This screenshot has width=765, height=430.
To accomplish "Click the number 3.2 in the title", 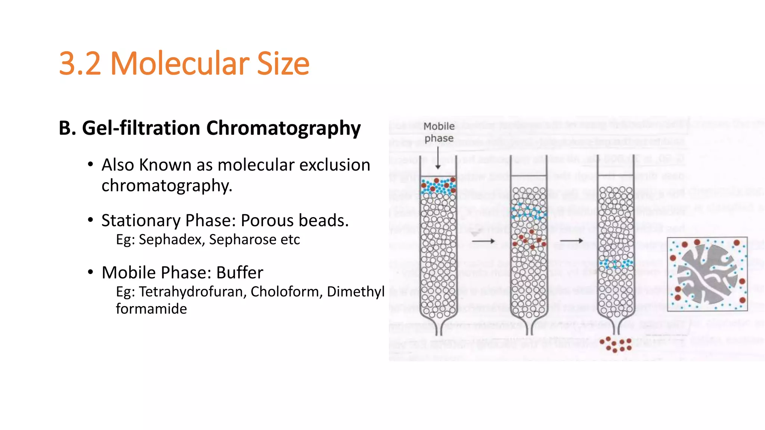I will (80, 63).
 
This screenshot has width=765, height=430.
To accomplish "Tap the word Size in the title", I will (283, 63).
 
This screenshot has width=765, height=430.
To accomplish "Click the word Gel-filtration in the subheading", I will (141, 128).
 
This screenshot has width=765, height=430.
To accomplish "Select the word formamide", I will (151, 309).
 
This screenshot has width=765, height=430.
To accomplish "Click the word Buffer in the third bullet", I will (239, 273).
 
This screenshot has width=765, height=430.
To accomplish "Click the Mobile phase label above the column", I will (439, 132).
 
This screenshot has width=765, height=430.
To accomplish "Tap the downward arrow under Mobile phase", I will (438, 159).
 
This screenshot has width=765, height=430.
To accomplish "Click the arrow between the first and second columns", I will (483, 241).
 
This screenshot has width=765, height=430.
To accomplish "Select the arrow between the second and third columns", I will (571, 241).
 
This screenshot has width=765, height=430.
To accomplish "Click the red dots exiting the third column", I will (616, 345).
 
